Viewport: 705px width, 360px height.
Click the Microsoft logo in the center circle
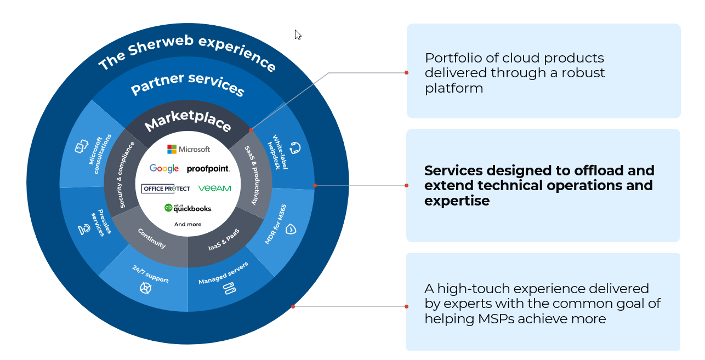pyautogui.click(x=188, y=149)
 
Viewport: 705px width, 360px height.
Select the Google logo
pyautogui.click(x=164, y=169)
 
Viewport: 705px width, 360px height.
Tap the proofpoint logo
pyautogui.click(x=208, y=169)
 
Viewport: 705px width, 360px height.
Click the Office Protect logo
pyautogui.click(x=166, y=188)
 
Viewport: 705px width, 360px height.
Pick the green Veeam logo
pyautogui.click(x=214, y=188)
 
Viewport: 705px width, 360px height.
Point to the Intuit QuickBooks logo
pyautogui.click(x=188, y=208)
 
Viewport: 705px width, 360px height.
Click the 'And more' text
pyautogui.click(x=187, y=224)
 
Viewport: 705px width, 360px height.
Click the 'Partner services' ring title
pyautogui.click(x=187, y=83)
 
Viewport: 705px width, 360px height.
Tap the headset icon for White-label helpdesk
pyautogui.click(x=295, y=148)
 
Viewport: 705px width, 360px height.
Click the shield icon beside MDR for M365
pyautogui.click(x=291, y=229)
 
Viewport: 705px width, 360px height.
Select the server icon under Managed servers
pyautogui.click(x=229, y=288)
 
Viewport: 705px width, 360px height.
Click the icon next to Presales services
pyautogui.click(x=84, y=230)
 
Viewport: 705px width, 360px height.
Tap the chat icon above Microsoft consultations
pyautogui.click(x=81, y=147)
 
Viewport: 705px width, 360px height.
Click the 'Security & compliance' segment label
pyautogui.click(x=127, y=175)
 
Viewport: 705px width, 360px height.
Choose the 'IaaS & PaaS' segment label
pyautogui.click(x=224, y=241)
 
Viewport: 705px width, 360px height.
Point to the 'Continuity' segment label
pyautogui.click(x=152, y=238)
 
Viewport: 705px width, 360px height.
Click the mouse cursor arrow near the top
pyautogui.click(x=298, y=35)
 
